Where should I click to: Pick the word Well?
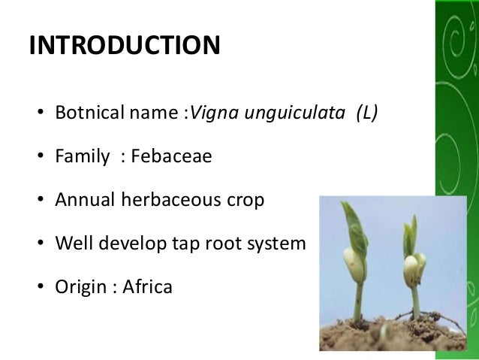click(x=72, y=244)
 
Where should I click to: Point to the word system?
click(x=279, y=244)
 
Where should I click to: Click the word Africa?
click(x=148, y=286)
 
